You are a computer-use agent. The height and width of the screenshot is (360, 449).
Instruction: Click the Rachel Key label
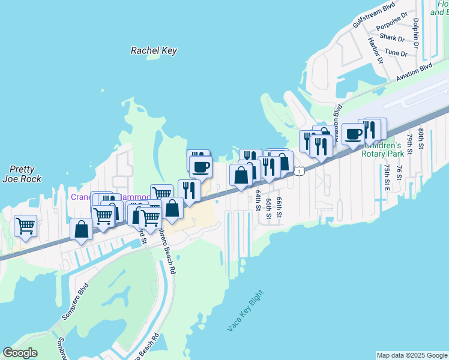pyautogui.click(x=154, y=50)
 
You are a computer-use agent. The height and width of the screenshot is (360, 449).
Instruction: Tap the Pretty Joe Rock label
pyautogui.click(x=23, y=174)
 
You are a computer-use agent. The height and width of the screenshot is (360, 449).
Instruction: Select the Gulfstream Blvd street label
pyautogui.click(x=374, y=13)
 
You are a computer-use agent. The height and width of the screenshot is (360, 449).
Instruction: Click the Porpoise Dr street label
pyautogui.click(x=392, y=26)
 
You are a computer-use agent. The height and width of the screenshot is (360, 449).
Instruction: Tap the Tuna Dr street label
pyautogui.click(x=396, y=53)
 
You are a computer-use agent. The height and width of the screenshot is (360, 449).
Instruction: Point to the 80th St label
pyautogui.click(x=421, y=139)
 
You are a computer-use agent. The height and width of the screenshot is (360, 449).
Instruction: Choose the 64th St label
pyautogui.click(x=258, y=202)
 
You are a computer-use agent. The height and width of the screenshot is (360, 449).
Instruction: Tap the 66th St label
pyautogui.click(x=279, y=206)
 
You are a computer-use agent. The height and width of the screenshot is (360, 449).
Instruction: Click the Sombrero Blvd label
pyautogui.click(x=75, y=301)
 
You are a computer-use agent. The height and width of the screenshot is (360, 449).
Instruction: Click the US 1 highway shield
pyautogui.click(x=298, y=172)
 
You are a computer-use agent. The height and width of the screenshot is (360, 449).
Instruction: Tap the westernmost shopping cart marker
pyautogui.click(x=25, y=226)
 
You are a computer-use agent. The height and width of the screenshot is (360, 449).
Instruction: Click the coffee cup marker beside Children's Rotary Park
pyautogui.click(x=353, y=133)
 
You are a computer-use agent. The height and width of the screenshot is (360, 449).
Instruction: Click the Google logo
pyautogui.click(x=20, y=353)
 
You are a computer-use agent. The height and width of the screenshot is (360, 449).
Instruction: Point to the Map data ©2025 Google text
pyautogui.click(x=411, y=355)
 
